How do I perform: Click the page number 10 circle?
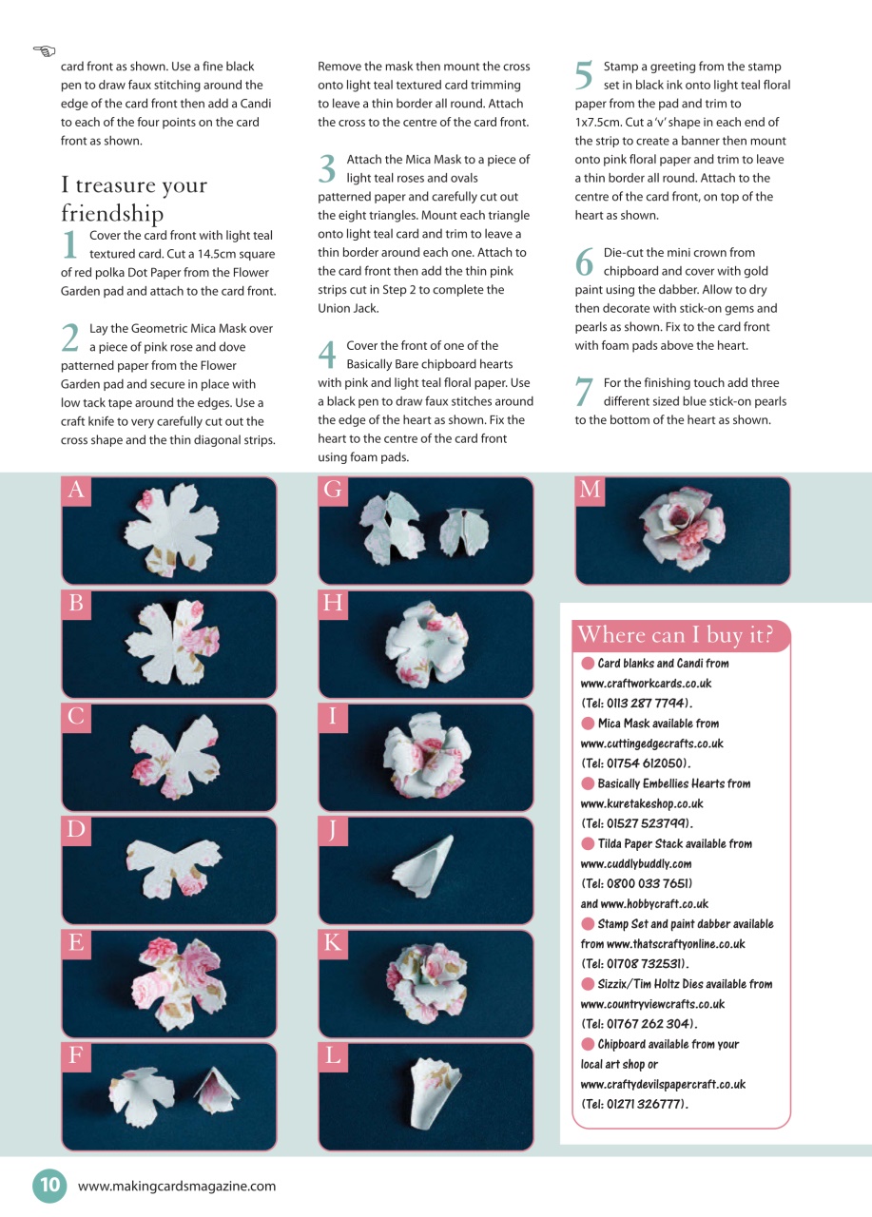(x=49, y=1185)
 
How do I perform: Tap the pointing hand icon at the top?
(x=44, y=51)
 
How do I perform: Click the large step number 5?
(x=584, y=75)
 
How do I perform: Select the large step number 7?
(x=584, y=391)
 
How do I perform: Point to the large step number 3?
(x=327, y=169)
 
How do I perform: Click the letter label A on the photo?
(x=76, y=490)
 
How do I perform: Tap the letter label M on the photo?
(x=590, y=490)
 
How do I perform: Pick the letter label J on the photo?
(x=333, y=831)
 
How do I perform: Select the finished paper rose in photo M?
(x=683, y=528)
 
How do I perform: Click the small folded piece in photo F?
(x=217, y=1091)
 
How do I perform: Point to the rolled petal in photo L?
(x=435, y=1093)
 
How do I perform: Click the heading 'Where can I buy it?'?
(x=675, y=634)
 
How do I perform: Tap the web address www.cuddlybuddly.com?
(x=636, y=864)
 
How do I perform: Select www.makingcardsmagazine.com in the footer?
(x=177, y=1186)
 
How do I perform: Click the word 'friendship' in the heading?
(x=112, y=213)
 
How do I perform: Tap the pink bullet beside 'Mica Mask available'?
(x=588, y=724)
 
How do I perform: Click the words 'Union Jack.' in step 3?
(x=348, y=308)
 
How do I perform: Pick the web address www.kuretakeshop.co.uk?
(x=642, y=803)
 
